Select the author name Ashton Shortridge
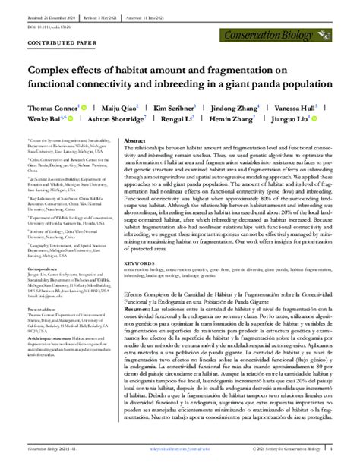115,120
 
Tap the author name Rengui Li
179,120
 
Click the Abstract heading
134,141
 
